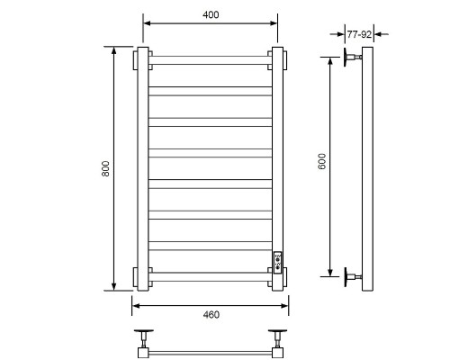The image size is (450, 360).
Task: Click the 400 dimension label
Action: point(211,14)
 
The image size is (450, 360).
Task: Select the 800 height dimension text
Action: point(105,168)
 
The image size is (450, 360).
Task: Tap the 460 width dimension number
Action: point(211,314)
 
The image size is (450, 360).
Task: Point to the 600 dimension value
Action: point(321,161)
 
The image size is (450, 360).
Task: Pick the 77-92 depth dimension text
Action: point(359,34)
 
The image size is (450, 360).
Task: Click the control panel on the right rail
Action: point(277,262)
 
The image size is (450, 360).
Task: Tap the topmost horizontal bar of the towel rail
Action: point(211,60)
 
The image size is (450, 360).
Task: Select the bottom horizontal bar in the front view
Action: point(211,276)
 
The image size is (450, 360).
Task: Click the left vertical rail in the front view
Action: point(143,169)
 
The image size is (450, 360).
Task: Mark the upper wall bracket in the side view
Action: point(352,57)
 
